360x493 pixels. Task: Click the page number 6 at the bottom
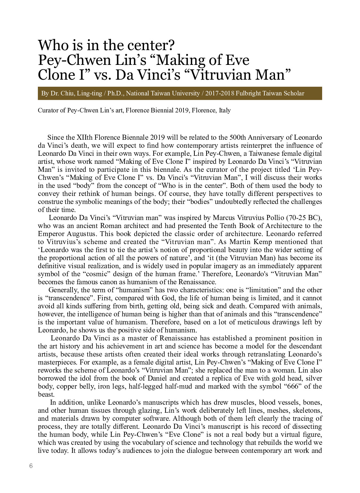(x=31, y=466)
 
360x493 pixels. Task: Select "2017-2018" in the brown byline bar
(x=219, y=93)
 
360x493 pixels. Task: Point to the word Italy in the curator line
(x=225, y=110)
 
